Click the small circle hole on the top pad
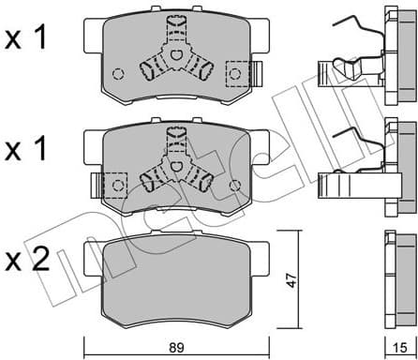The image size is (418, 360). tap(118, 74)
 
